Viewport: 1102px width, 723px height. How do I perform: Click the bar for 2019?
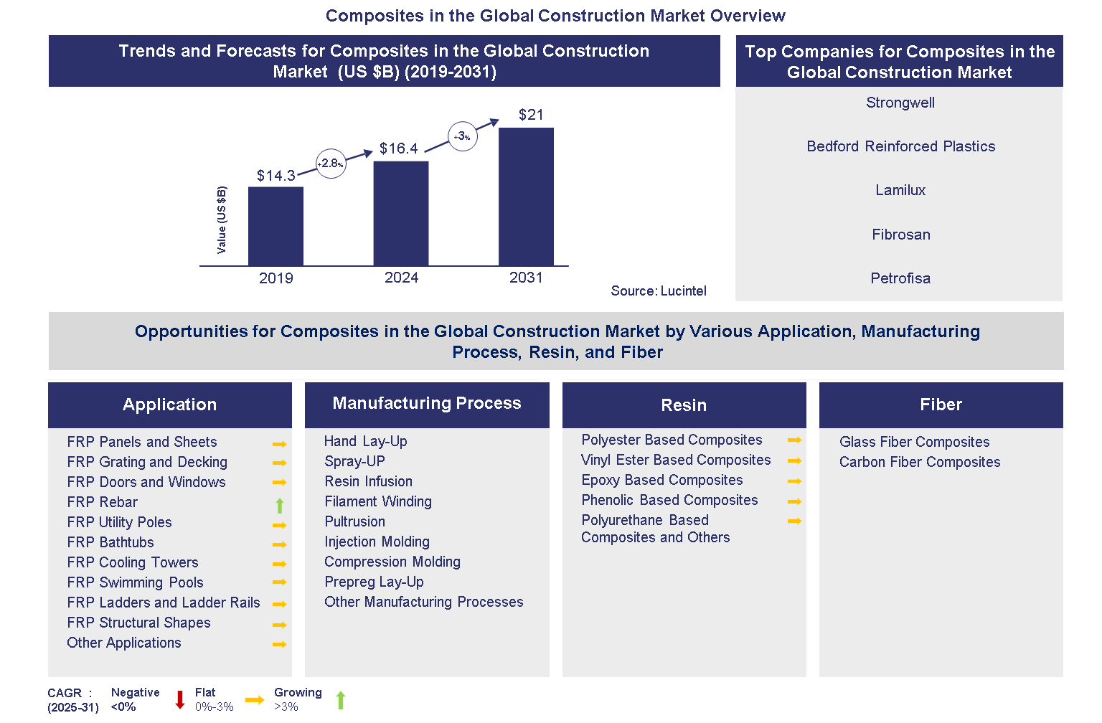tap(275, 226)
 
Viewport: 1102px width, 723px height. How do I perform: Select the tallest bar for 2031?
tap(526, 197)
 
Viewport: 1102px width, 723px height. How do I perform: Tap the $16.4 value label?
tap(398, 148)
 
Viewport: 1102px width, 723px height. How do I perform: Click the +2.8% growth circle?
tap(331, 164)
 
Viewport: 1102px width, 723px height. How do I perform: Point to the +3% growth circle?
tap(463, 136)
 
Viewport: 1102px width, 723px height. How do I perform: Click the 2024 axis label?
tap(401, 278)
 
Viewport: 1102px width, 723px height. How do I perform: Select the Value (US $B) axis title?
tap(222, 219)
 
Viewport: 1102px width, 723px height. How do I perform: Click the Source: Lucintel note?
tap(658, 290)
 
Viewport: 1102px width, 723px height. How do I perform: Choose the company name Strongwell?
tap(900, 103)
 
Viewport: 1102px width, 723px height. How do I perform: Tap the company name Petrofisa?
tap(900, 278)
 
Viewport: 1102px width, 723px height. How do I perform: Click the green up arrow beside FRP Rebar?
tap(280, 506)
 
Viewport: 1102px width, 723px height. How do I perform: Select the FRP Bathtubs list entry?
tap(110, 542)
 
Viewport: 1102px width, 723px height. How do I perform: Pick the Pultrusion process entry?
tap(354, 521)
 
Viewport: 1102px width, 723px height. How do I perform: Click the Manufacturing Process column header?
tap(427, 404)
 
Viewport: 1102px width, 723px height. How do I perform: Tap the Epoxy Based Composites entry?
tap(661, 480)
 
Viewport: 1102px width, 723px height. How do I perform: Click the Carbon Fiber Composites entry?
tap(919, 462)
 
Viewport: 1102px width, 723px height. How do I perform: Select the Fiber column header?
tap(941, 405)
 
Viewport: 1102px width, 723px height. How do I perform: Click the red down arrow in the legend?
tap(180, 699)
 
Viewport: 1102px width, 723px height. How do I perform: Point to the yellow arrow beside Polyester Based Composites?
tap(794, 440)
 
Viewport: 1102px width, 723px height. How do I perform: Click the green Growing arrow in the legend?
tap(341, 699)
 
